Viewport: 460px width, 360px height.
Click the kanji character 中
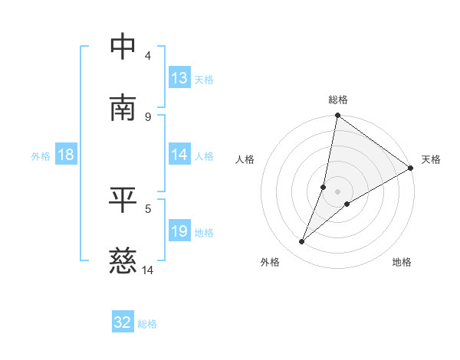[x=124, y=47]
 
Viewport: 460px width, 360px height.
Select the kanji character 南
[x=124, y=107]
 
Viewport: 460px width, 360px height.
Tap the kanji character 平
[x=124, y=199]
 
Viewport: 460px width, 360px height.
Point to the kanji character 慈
[x=124, y=261]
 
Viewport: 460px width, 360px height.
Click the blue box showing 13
[x=179, y=78]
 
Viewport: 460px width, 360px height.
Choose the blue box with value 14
[x=179, y=155]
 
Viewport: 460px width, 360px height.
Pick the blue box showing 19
[x=179, y=231]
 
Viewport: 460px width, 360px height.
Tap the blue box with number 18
[x=66, y=155]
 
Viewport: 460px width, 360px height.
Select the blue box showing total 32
[x=123, y=322]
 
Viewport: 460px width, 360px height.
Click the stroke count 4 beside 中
[x=148, y=56]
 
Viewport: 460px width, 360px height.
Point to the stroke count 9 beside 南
[x=148, y=116]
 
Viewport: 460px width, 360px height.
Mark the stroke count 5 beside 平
[x=148, y=208]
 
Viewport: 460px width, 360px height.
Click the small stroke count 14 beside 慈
[x=148, y=270]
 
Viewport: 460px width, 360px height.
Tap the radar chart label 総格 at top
[x=338, y=100]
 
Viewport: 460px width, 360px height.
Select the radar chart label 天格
[x=431, y=160]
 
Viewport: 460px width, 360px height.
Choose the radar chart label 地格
[x=402, y=263]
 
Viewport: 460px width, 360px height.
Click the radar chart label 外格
[x=270, y=263]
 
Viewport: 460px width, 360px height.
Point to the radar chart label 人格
[x=245, y=160]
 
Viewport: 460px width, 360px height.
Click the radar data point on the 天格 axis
[x=410, y=169]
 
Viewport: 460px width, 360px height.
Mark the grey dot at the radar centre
[x=338, y=191]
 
